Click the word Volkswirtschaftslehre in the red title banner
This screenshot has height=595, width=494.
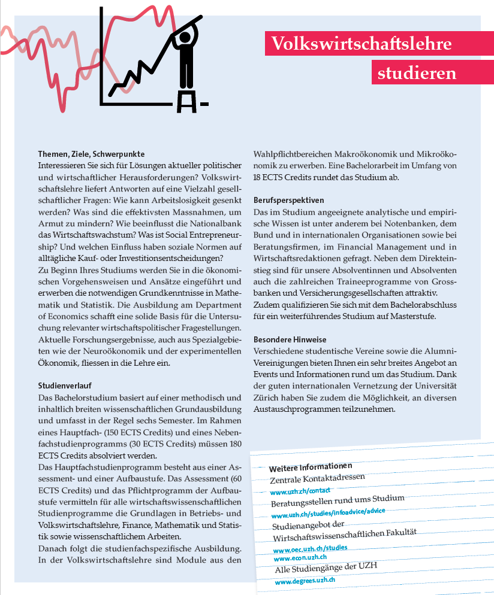[361, 44]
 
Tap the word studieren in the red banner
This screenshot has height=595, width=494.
[417, 73]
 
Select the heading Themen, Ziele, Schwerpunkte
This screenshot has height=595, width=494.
[91, 154]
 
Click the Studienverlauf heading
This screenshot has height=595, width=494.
[64, 386]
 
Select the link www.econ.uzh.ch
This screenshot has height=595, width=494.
[299, 557]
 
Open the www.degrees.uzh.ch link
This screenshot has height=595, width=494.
[305, 581]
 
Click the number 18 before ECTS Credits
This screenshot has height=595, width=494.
[260, 177]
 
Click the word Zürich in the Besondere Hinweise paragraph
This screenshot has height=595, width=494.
[267, 398]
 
